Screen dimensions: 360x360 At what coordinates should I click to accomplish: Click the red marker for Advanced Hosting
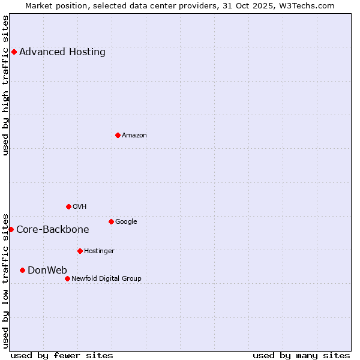(x=14, y=52)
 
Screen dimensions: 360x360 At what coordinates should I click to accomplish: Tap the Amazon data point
(x=118, y=135)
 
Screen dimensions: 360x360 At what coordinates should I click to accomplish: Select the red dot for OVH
(x=68, y=206)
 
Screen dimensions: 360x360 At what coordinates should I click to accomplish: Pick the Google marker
(x=111, y=221)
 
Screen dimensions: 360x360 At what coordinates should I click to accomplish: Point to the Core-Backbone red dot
(x=11, y=229)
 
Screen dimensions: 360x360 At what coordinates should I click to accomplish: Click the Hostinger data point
(x=80, y=251)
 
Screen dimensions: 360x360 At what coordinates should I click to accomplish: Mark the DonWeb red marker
(x=22, y=270)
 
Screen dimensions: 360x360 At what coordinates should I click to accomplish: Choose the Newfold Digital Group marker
(x=67, y=278)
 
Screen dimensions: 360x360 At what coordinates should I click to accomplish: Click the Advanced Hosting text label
(x=62, y=52)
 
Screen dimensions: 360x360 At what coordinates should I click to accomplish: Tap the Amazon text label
(x=134, y=135)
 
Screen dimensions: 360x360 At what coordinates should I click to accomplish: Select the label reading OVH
(x=80, y=206)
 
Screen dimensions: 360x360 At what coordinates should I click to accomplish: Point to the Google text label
(x=126, y=221)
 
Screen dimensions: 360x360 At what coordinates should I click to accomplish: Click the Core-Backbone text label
(x=53, y=229)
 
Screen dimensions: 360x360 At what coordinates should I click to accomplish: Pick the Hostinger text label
(x=99, y=251)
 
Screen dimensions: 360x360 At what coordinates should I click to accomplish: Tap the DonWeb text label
(x=47, y=270)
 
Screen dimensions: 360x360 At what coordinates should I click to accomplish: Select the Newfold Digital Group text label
(x=106, y=278)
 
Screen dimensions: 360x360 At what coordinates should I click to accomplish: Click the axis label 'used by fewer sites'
(x=62, y=355)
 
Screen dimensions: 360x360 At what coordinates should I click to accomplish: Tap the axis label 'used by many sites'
(x=301, y=355)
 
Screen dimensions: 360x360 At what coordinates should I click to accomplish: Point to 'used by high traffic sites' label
(x=6, y=85)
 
